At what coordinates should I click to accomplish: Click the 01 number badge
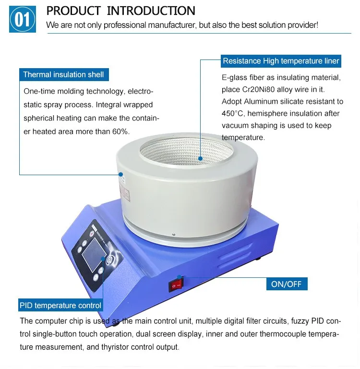click(x=23, y=19)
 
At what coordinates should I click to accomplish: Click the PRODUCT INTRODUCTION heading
click(x=121, y=11)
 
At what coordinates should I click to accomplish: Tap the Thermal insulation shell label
click(x=64, y=74)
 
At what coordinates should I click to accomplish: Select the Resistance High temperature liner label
click(x=281, y=61)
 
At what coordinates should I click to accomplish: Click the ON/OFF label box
click(x=287, y=284)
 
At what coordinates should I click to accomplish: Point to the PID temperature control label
click(x=60, y=305)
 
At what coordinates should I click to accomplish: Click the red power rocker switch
click(x=176, y=286)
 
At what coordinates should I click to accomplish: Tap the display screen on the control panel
click(x=94, y=254)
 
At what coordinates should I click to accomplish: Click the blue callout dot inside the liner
click(x=200, y=159)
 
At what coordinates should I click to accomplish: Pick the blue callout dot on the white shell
click(x=120, y=174)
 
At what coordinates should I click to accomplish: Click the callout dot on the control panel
click(x=103, y=259)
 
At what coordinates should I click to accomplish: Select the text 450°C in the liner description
click(x=232, y=113)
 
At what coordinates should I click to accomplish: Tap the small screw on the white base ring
click(x=174, y=234)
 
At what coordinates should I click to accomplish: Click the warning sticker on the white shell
click(x=124, y=192)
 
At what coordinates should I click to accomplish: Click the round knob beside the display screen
click(x=109, y=260)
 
